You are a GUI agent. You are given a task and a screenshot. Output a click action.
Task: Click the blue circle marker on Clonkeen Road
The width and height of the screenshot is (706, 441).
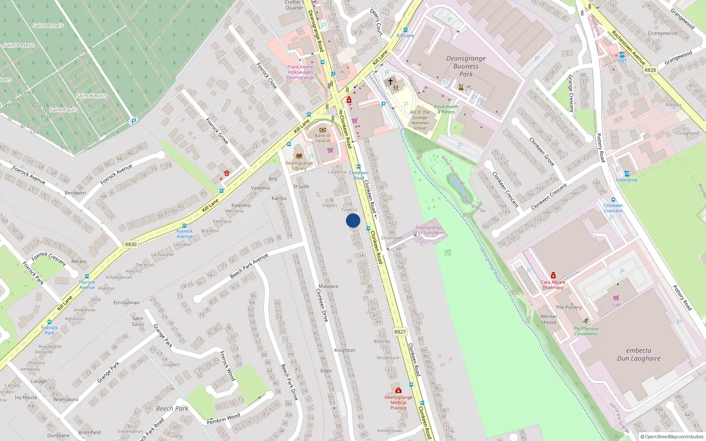[x=353, y=220]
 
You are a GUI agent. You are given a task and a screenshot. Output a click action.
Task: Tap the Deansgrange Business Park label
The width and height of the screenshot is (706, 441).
[x=466, y=66]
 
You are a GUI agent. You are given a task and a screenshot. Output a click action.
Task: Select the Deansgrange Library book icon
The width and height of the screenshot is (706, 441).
[x=299, y=156]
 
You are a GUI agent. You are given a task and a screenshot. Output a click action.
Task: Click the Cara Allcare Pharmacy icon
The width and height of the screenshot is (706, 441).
[x=553, y=276]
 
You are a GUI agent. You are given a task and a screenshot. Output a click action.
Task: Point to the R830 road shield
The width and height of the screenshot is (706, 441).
[x=131, y=244]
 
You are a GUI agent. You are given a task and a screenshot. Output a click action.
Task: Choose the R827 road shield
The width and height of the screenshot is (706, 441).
[x=400, y=332]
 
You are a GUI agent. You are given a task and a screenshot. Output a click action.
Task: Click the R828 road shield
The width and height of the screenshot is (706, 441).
[x=650, y=70]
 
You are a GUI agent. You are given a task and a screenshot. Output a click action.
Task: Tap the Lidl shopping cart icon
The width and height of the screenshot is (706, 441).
[x=616, y=298]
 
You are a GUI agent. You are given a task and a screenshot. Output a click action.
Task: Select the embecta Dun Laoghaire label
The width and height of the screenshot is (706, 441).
[x=638, y=355]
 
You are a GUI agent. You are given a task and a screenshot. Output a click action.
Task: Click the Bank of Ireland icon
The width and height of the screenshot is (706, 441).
[x=323, y=130]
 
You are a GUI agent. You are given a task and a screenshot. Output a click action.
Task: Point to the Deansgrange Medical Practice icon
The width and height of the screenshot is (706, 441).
[x=398, y=390]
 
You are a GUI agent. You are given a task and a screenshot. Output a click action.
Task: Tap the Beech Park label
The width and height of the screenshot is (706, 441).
[x=172, y=408]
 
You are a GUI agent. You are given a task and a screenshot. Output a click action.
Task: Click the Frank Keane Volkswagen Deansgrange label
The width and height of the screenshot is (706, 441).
[x=300, y=72]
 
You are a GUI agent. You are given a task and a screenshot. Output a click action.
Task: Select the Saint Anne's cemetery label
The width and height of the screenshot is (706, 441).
[x=48, y=26]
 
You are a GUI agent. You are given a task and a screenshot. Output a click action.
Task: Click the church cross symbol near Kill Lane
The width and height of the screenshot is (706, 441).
[x=390, y=81]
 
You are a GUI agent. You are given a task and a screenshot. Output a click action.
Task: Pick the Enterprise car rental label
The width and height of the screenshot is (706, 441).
[x=627, y=180]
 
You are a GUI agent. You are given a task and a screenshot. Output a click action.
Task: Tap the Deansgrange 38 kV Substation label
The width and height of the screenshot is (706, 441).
[x=428, y=230]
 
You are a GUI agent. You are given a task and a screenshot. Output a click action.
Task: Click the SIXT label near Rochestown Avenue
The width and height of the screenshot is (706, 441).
[x=622, y=61]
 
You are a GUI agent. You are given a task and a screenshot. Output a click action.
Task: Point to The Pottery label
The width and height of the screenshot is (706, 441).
[x=568, y=307]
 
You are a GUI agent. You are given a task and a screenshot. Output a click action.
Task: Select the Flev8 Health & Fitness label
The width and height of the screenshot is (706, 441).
[x=446, y=109]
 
